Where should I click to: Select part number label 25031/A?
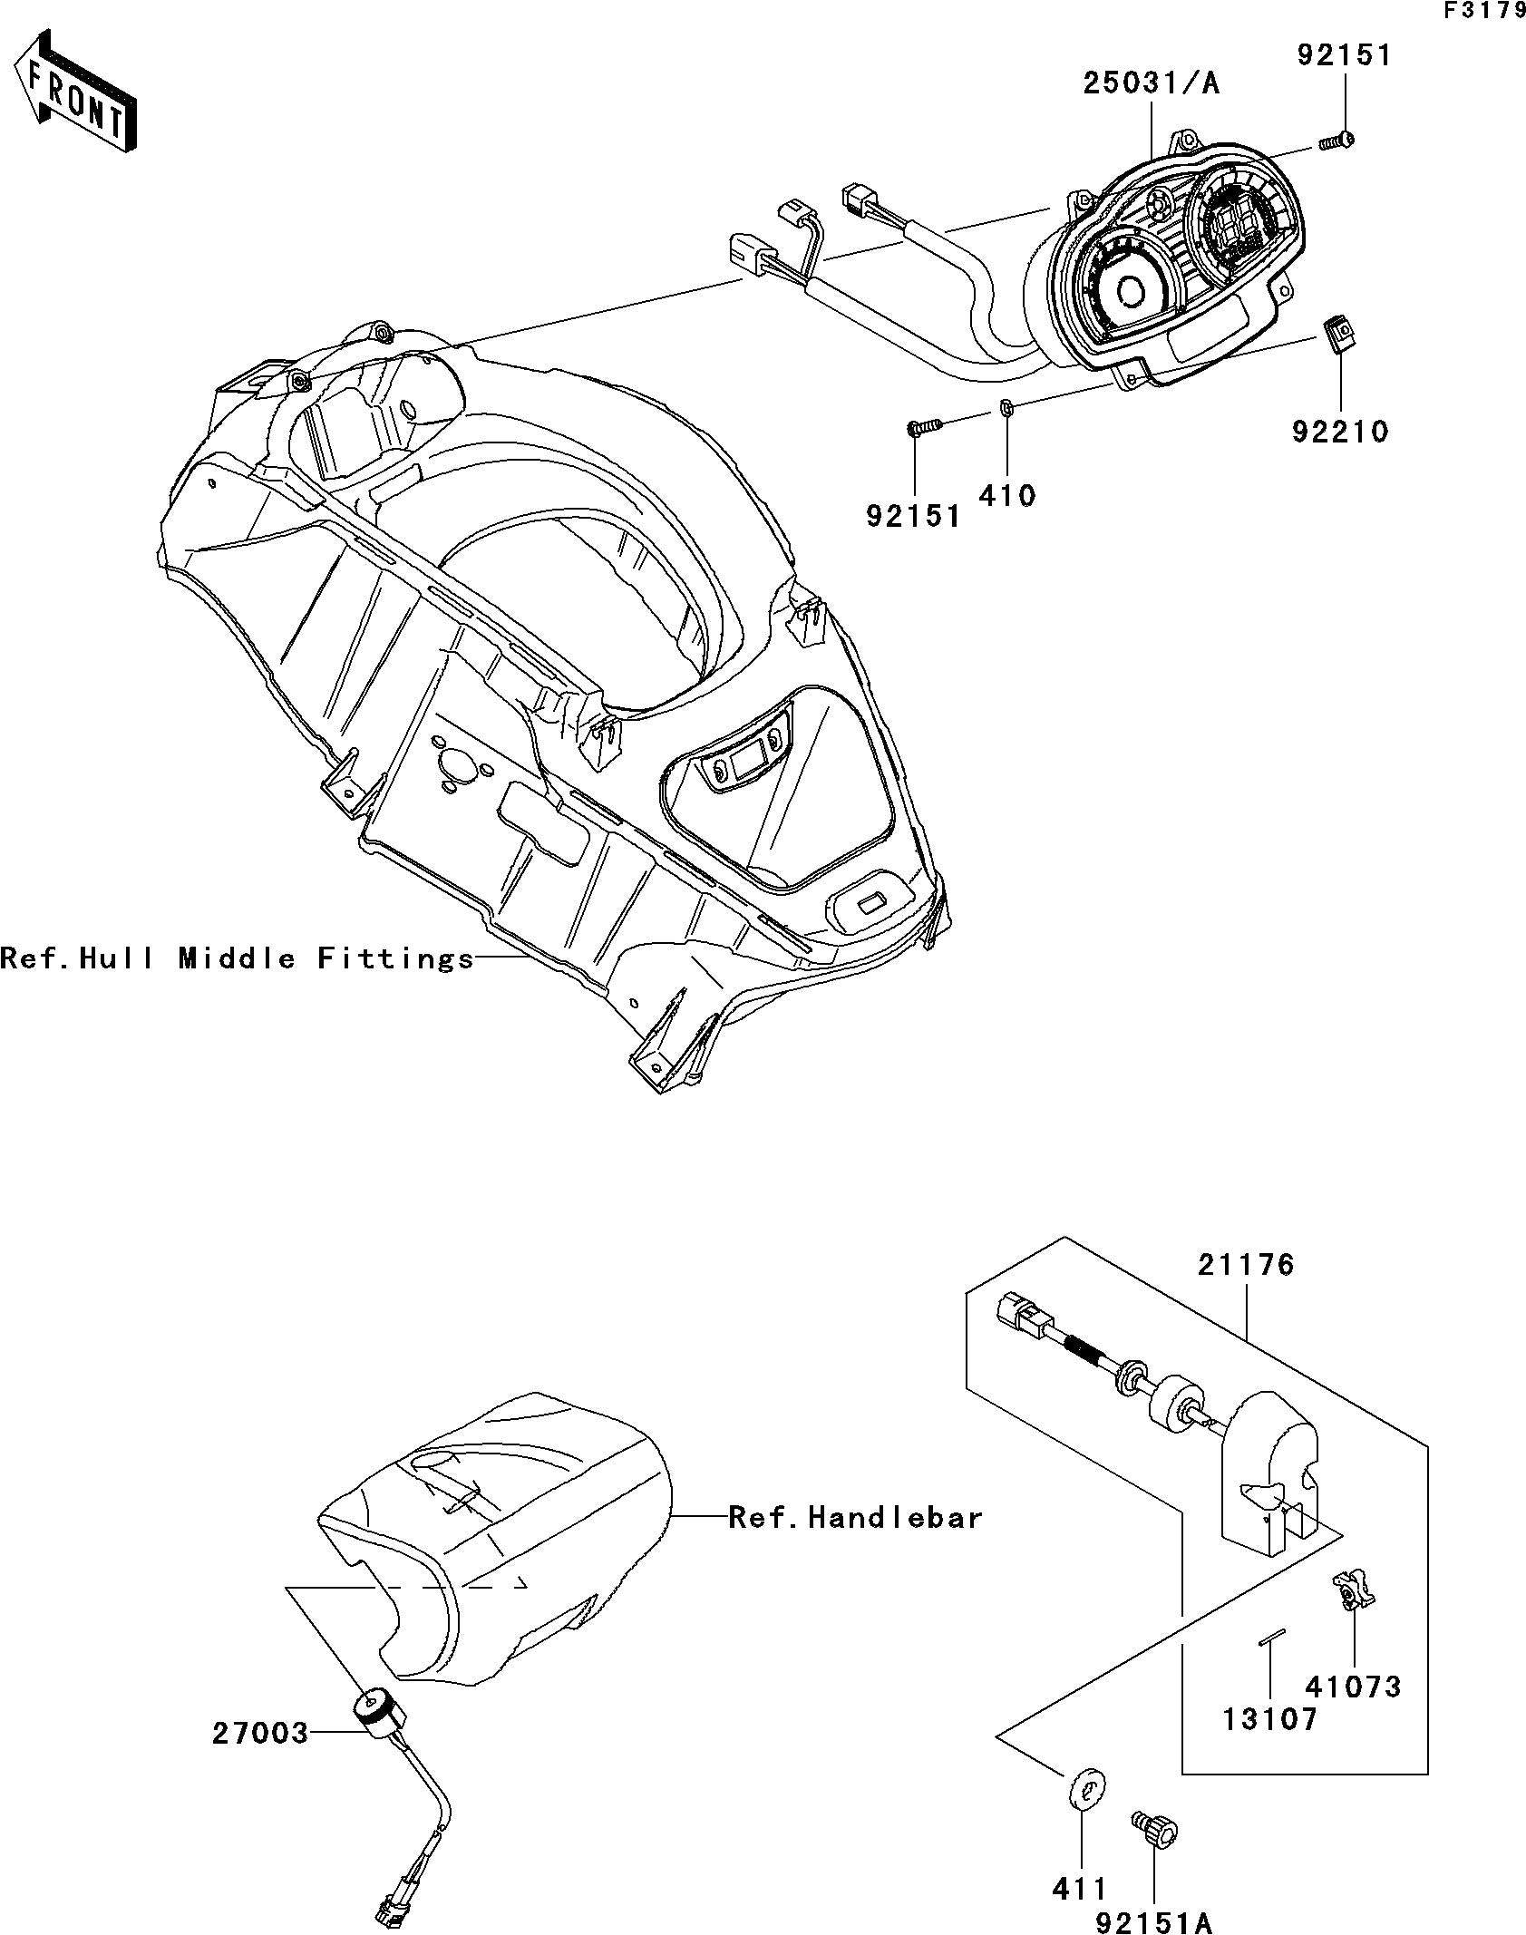(x=1152, y=84)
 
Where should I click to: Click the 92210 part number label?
(x=1340, y=432)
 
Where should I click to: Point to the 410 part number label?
(x=1007, y=495)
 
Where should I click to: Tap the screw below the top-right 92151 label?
(x=1336, y=141)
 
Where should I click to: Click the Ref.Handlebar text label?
(x=856, y=1517)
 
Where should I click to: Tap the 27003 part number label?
(x=261, y=1733)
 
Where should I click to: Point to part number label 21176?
(x=1246, y=1265)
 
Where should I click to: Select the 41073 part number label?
(x=1353, y=1687)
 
